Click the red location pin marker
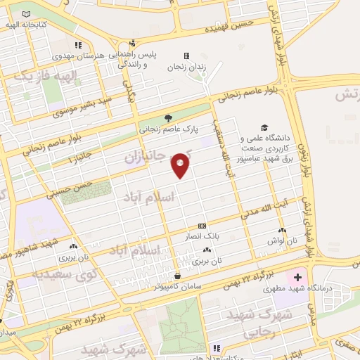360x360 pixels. pos(180,165)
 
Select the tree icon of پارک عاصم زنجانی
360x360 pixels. pos(167,118)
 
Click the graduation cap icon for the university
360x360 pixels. pos(264,127)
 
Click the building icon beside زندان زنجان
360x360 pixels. pos(186,56)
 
